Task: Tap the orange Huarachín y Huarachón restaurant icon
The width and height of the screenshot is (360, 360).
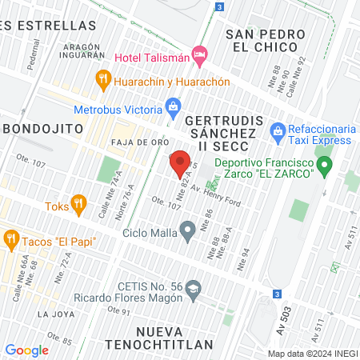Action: [102, 78]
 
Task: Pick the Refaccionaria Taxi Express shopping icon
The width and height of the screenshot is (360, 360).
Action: [278, 130]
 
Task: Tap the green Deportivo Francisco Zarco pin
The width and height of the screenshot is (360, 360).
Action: [324, 167]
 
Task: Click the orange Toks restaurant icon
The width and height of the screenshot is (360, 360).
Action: [78, 203]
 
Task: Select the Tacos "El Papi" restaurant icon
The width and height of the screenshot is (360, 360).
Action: [11, 238]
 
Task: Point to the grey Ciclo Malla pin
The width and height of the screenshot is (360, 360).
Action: [187, 232]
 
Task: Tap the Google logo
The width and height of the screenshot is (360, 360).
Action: [26, 350]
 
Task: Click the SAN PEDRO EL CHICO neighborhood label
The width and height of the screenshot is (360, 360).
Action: [266, 41]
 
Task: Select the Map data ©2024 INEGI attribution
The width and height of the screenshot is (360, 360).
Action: [310, 353]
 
